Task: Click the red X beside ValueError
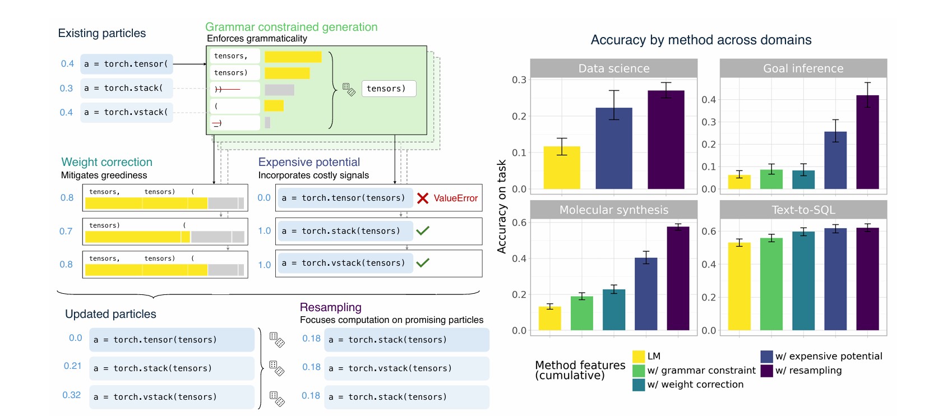(423, 198)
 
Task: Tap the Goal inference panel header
(803, 68)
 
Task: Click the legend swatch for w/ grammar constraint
(638, 371)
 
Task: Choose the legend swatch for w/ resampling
(766, 371)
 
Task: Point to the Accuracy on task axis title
(502, 206)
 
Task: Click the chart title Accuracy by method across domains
(701, 40)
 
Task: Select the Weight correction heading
(107, 162)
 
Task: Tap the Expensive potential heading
(309, 162)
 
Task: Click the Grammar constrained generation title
(291, 27)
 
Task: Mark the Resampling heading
(330, 307)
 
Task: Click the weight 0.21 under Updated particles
(73, 366)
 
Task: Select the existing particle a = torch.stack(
(126, 88)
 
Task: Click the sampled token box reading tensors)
(389, 89)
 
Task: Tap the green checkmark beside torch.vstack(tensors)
(423, 262)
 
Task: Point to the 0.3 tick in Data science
(519, 80)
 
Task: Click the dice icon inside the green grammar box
(349, 90)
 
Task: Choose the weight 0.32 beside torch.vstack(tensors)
(72, 395)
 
